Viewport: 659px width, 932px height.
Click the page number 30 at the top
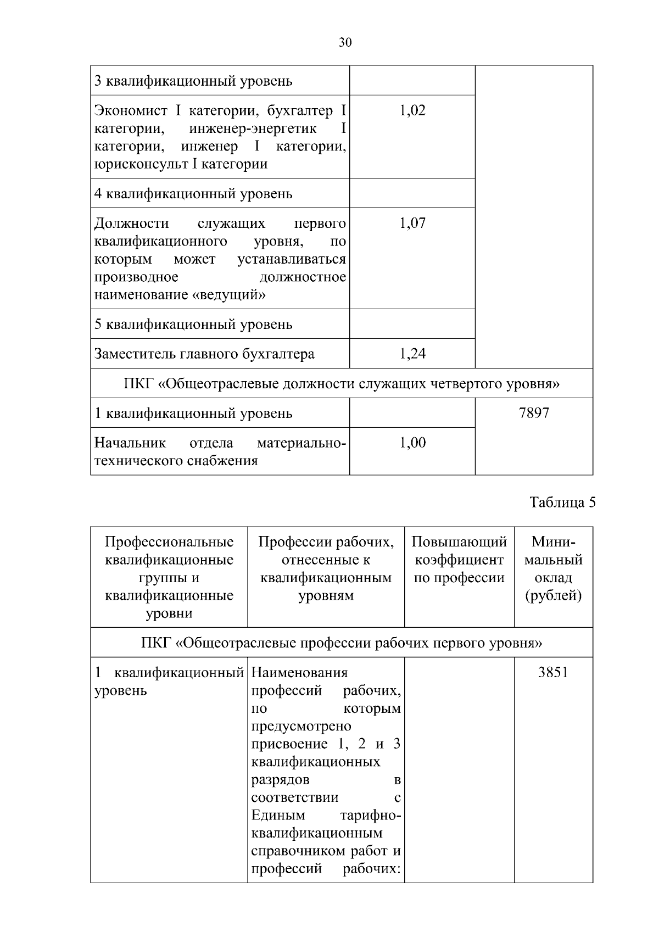tap(345, 42)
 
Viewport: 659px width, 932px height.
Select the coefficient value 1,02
tap(412, 110)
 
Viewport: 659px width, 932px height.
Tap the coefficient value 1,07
tap(412, 223)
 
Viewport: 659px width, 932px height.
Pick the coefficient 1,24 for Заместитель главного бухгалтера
tap(412, 354)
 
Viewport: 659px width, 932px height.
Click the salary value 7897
tap(534, 413)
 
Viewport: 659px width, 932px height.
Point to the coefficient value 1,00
tap(412, 443)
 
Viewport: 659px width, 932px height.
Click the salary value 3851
tap(553, 673)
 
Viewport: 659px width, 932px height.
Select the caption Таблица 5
tap(562, 503)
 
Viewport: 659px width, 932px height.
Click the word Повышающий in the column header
tap(459, 542)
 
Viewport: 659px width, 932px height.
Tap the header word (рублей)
tap(553, 596)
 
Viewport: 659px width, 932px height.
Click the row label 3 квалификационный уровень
tap(193, 81)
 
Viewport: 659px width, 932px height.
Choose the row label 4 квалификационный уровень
tap(193, 194)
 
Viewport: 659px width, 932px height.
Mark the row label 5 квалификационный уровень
tap(193, 325)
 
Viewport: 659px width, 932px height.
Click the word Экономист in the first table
tap(131, 111)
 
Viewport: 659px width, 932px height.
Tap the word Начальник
tap(130, 443)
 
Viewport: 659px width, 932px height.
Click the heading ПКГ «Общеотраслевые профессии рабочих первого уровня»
tap(342, 643)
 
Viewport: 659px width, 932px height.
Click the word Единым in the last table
tap(278, 816)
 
